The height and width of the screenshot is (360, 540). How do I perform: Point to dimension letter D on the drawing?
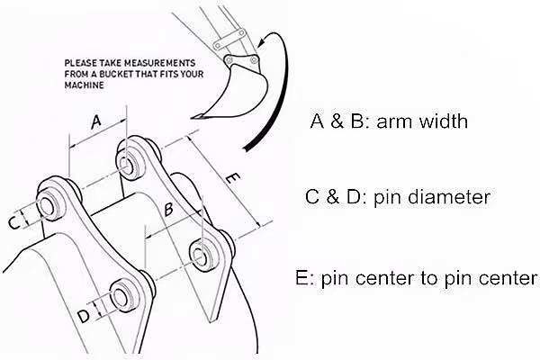point(83,316)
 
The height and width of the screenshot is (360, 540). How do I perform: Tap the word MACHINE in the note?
point(84,85)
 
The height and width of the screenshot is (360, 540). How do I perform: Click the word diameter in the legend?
point(449,197)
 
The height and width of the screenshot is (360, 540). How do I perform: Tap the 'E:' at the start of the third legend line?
point(303,279)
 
